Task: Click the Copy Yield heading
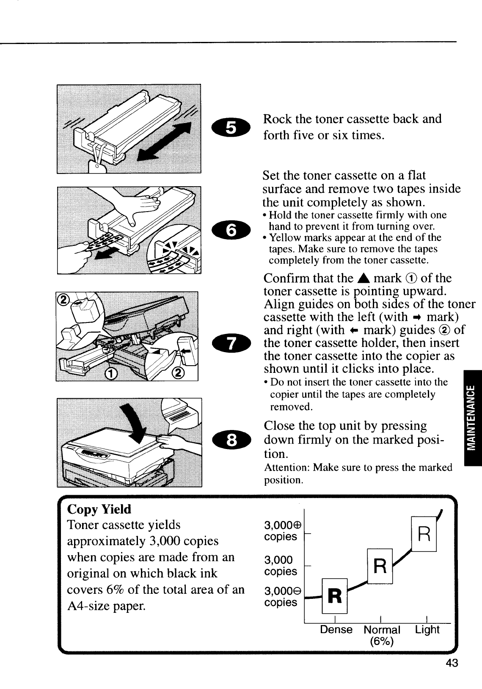[x=99, y=509]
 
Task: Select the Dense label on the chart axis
[x=336, y=629]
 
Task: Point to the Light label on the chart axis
[x=427, y=629]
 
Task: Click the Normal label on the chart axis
[x=381, y=630]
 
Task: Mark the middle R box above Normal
[x=380, y=566]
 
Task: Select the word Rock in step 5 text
[x=277, y=119]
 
